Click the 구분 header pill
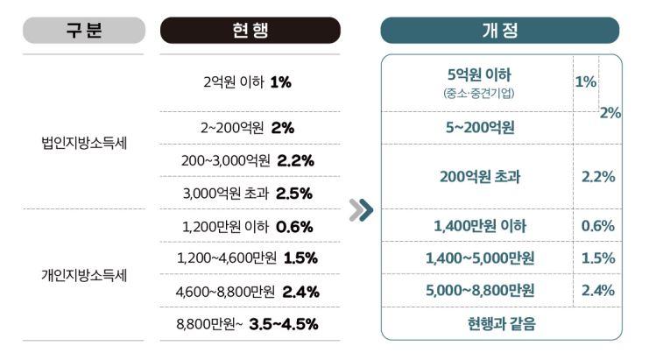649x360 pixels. (x=83, y=30)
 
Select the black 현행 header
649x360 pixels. (x=250, y=30)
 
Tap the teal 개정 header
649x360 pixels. (x=500, y=30)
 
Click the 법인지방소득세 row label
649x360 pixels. (x=84, y=144)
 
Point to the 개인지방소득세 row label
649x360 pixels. (x=84, y=275)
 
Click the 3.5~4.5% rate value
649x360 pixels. (x=283, y=324)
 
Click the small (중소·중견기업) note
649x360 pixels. (x=478, y=92)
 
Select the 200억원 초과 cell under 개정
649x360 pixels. (x=479, y=176)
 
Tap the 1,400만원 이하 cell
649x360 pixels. (x=479, y=227)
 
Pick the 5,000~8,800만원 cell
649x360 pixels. (x=479, y=290)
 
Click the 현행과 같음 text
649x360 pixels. (x=500, y=324)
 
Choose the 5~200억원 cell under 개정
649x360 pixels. (x=479, y=128)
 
